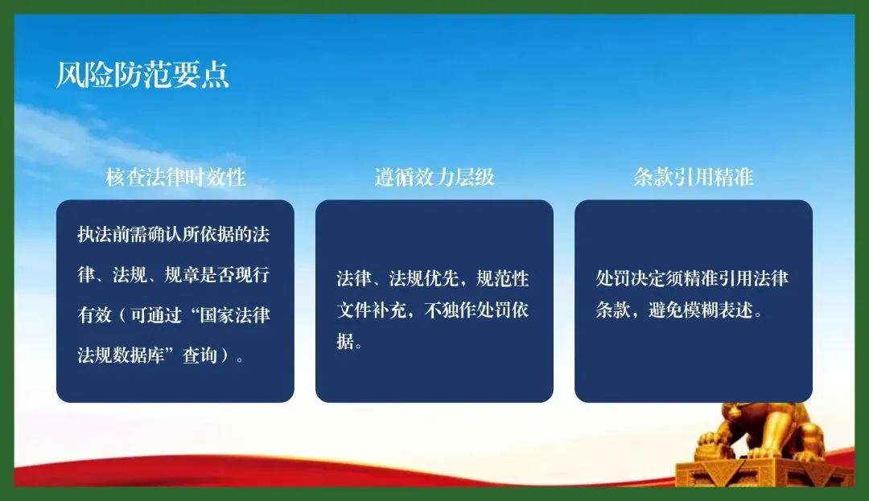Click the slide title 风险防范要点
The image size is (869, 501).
pos(143,75)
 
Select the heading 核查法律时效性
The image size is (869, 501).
pos(175,177)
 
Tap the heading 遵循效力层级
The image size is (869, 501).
pos(434,177)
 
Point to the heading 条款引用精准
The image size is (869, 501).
pos(694,177)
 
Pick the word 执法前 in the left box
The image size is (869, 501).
pos(103,235)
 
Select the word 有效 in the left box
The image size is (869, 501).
pos(95,315)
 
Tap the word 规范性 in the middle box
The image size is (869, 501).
pos(503,278)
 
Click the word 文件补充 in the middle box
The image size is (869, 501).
pos(371,310)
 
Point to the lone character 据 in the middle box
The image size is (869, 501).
pos(345,342)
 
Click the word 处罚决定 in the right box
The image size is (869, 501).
pos(631,278)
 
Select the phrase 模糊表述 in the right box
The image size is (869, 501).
pos(719,310)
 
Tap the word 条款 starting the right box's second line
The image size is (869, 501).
pos(613,310)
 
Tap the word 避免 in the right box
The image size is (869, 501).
pos(665,310)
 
